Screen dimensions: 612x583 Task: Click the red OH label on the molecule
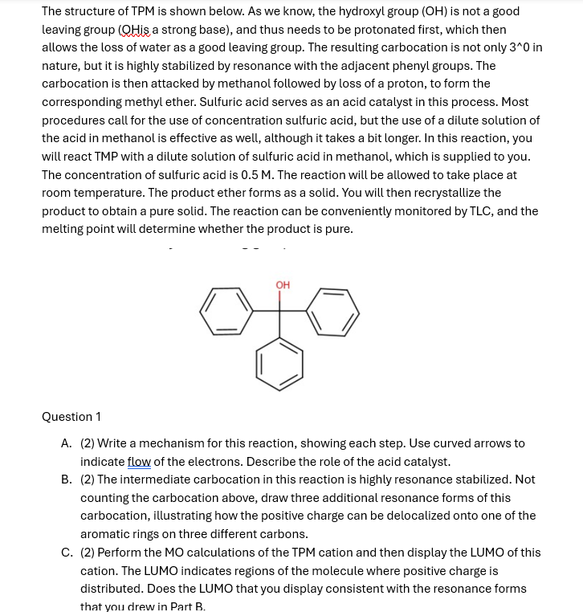pos(283,285)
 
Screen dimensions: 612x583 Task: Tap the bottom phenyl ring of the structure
pos(279,363)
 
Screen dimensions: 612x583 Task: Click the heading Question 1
pos(71,417)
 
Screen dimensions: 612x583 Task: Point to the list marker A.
pos(66,443)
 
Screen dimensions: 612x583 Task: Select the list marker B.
pos(66,479)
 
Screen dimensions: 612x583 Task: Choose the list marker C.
pos(66,553)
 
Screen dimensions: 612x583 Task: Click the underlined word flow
pos(139,462)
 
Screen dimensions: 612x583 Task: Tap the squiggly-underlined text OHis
pos(134,30)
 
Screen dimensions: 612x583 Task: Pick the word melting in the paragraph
pos(63,229)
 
